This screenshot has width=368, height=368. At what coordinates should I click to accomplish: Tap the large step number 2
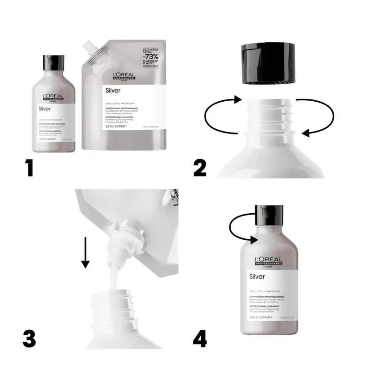click(x=200, y=168)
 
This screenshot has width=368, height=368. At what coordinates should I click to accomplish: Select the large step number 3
click(x=30, y=338)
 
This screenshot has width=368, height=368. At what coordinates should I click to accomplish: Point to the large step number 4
click(x=200, y=338)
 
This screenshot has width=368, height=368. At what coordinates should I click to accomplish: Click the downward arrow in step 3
click(x=85, y=252)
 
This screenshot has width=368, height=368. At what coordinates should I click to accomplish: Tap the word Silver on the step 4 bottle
click(x=257, y=276)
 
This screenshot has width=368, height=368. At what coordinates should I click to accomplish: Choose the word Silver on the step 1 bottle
click(x=45, y=109)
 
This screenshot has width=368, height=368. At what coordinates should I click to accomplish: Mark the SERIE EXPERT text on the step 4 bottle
click(x=261, y=317)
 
